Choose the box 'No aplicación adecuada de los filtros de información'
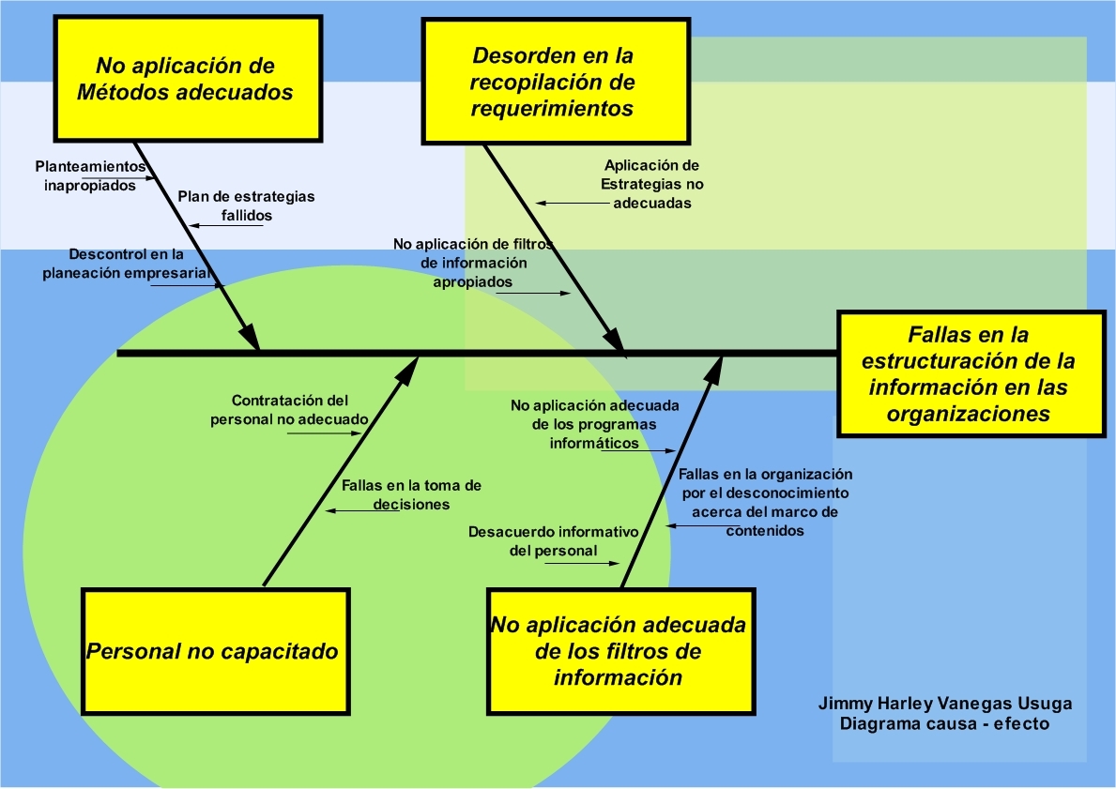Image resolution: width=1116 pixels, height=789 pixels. point(620,650)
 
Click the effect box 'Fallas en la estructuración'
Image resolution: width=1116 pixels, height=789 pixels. point(970,374)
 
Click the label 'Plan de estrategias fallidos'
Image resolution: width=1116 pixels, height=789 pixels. point(246,205)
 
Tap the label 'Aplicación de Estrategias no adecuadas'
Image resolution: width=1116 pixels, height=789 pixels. point(652,183)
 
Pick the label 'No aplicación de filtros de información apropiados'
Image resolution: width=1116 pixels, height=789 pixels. point(473,263)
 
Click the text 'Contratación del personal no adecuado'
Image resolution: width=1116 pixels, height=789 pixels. point(289,409)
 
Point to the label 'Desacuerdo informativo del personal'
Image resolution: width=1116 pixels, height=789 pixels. point(554,541)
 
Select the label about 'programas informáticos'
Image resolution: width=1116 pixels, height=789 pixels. point(595,424)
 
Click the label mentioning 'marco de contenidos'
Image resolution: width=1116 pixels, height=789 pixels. point(765,502)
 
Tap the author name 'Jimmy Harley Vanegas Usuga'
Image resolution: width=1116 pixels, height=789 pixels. point(944,704)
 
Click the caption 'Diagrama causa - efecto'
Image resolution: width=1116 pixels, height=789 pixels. point(944,724)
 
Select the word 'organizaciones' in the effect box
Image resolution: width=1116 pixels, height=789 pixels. point(971,414)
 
